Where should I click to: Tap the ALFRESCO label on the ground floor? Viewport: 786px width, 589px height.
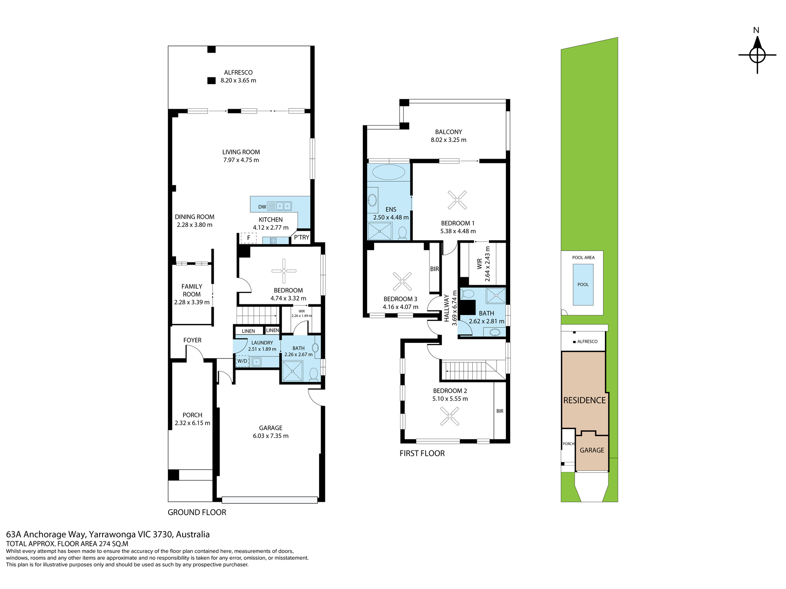pyautogui.click(x=238, y=73)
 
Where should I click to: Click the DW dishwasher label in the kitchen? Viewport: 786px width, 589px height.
pyautogui.click(x=262, y=207)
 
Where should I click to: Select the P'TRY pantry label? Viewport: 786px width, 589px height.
pyautogui.click(x=301, y=237)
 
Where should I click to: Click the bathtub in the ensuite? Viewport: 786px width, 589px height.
pyautogui.click(x=388, y=172)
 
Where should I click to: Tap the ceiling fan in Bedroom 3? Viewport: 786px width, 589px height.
pyautogui.click(x=402, y=281)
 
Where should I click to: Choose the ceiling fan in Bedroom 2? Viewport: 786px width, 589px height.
pyautogui.click(x=450, y=416)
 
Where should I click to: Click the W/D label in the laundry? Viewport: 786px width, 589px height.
pyautogui.click(x=242, y=361)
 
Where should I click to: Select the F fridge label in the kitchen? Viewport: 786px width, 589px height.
pyautogui.click(x=248, y=238)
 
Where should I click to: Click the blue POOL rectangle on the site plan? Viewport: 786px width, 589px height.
pyautogui.click(x=583, y=285)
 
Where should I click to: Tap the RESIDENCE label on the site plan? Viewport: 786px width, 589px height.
pyautogui.click(x=584, y=400)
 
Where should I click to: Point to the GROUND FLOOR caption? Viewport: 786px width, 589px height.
pyautogui.click(x=197, y=512)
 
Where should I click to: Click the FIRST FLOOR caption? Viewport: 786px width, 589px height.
pyautogui.click(x=422, y=454)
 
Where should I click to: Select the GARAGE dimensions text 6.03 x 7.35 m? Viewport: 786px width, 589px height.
pyautogui.click(x=271, y=436)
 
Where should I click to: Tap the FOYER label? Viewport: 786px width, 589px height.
pyautogui.click(x=193, y=340)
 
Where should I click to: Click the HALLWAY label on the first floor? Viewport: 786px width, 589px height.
pyautogui.click(x=446, y=308)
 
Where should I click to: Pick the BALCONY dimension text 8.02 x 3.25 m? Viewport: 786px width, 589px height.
pyautogui.click(x=448, y=140)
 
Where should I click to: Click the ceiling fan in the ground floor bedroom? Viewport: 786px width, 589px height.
pyautogui.click(x=284, y=271)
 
